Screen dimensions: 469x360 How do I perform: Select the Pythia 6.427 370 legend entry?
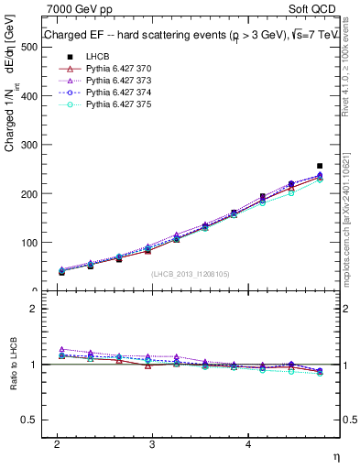point(115,69)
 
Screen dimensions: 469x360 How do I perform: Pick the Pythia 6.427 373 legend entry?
point(115,81)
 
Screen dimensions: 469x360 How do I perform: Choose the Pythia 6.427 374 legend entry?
point(115,93)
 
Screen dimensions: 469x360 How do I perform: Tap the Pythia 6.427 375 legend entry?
point(115,104)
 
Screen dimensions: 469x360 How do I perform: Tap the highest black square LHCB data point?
point(319,166)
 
